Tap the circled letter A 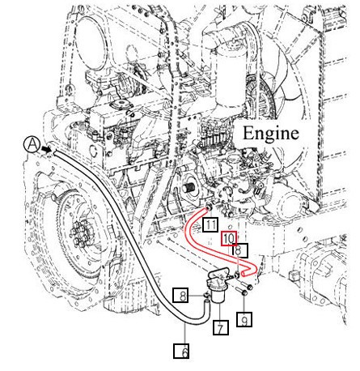[x=32, y=144]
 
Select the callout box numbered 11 [x=210, y=223]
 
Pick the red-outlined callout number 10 [x=229, y=238]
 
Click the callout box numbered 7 [x=218, y=328]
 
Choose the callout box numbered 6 [x=184, y=351]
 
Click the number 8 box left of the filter [x=184, y=296]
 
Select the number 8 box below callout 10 [x=240, y=250]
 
